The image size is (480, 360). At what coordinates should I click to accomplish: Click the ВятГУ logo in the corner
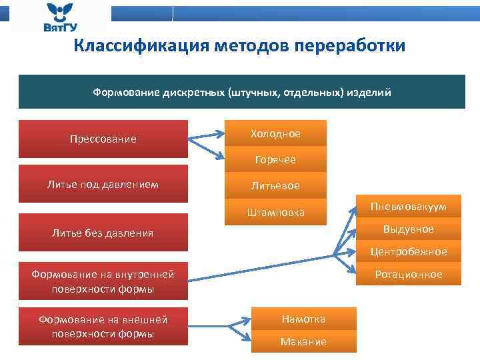[60, 18]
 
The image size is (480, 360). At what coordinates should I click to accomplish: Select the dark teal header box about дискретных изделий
[241, 91]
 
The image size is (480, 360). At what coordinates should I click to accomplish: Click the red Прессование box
[103, 139]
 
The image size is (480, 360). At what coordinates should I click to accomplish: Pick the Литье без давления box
[103, 233]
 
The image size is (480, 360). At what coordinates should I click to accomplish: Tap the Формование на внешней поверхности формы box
[103, 327]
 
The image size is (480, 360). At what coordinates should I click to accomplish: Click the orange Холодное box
[275, 133]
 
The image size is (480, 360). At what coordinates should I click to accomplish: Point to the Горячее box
[275, 160]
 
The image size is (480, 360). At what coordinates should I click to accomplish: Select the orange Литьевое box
[275, 185]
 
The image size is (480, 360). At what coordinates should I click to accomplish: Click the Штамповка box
[275, 213]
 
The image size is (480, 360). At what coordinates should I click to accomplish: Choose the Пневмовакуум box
[408, 207]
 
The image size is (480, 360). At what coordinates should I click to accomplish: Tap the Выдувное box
[408, 229]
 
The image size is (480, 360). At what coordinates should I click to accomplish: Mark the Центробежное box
[408, 251]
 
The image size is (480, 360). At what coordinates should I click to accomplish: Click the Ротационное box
[408, 274]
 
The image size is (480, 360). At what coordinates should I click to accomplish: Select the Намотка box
[303, 319]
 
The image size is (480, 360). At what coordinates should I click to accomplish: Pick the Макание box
[303, 341]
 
